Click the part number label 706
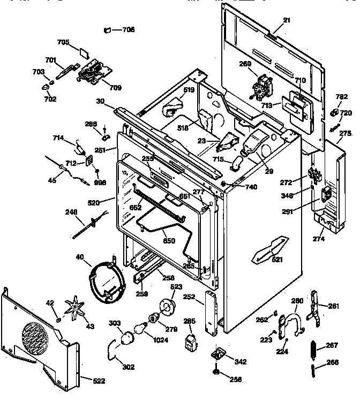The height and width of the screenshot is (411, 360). (128, 29)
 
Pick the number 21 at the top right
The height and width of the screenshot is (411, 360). (287, 20)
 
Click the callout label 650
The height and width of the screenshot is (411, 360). (169, 241)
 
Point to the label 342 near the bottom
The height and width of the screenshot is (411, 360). (241, 362)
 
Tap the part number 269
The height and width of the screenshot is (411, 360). (245, 64)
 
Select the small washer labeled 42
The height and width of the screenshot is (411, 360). (58, 319)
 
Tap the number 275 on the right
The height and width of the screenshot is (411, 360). (346, 133)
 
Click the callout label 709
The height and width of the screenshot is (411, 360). (115, 87)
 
